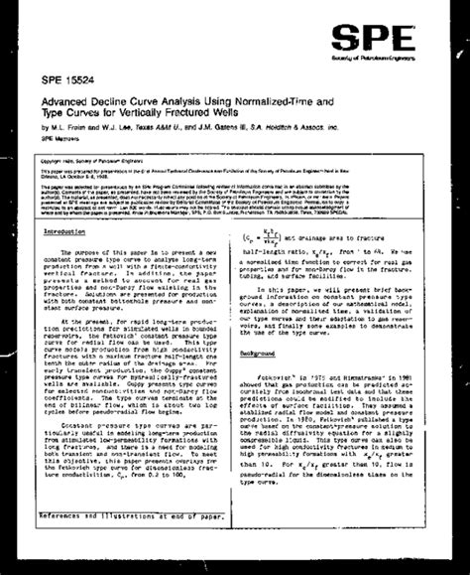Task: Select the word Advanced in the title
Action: tap(67, 99)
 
